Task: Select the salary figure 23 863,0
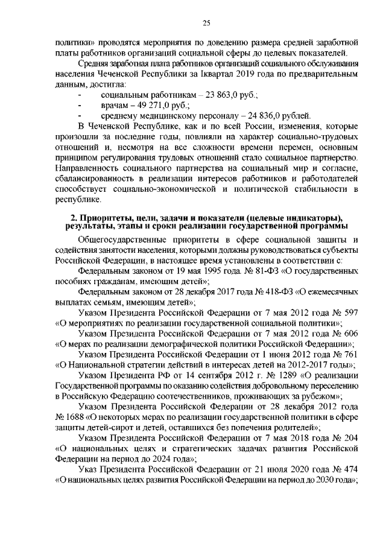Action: coord(221,95)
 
